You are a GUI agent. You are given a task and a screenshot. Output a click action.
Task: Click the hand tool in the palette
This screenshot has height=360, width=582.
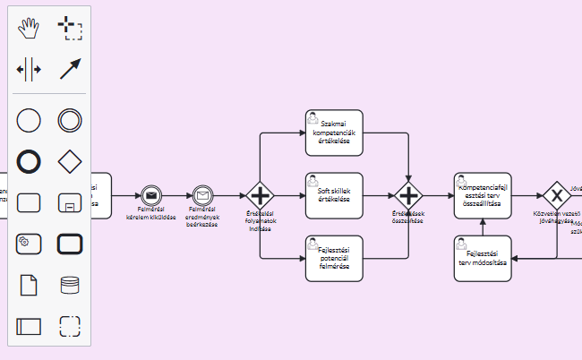(29, 29)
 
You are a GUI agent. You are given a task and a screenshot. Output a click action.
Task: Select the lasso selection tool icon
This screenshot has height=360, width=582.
(70, 29)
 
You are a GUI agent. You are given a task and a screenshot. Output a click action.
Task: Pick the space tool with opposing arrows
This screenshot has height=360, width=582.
(29, 70)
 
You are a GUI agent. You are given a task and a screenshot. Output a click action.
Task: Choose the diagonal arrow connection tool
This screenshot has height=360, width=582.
(70, 70)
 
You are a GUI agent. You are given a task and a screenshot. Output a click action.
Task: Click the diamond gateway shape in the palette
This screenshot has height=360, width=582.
(70, 161)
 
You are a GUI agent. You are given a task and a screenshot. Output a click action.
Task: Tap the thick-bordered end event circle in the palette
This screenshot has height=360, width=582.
(29, 161)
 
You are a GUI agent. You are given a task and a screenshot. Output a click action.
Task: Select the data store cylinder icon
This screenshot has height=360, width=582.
(70, 285)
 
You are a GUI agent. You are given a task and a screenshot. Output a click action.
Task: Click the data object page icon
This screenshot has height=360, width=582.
(29, 285)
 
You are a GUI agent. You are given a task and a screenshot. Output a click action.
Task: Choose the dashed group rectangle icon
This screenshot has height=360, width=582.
(70, 326)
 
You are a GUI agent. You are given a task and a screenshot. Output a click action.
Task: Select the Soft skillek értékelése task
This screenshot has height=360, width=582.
(334, 195)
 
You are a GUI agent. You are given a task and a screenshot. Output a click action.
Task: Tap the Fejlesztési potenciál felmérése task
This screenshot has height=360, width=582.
(334, 258)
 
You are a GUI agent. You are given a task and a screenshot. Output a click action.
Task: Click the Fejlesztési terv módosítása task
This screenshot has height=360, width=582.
(483, 258)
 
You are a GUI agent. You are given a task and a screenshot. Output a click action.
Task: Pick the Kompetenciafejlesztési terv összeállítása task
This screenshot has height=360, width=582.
(483, 195)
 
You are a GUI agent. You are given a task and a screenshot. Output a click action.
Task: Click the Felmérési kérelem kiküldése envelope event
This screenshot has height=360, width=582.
(150, 195)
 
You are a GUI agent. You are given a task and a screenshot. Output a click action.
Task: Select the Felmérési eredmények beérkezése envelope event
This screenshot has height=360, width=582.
(202, 195)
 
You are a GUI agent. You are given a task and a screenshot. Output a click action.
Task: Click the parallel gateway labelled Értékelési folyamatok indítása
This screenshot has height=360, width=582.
(260, 195)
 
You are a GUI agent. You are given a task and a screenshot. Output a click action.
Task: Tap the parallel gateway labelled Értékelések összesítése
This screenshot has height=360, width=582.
(408, 195)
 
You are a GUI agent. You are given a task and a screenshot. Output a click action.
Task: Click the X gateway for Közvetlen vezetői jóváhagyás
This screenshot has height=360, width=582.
(557, 195)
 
